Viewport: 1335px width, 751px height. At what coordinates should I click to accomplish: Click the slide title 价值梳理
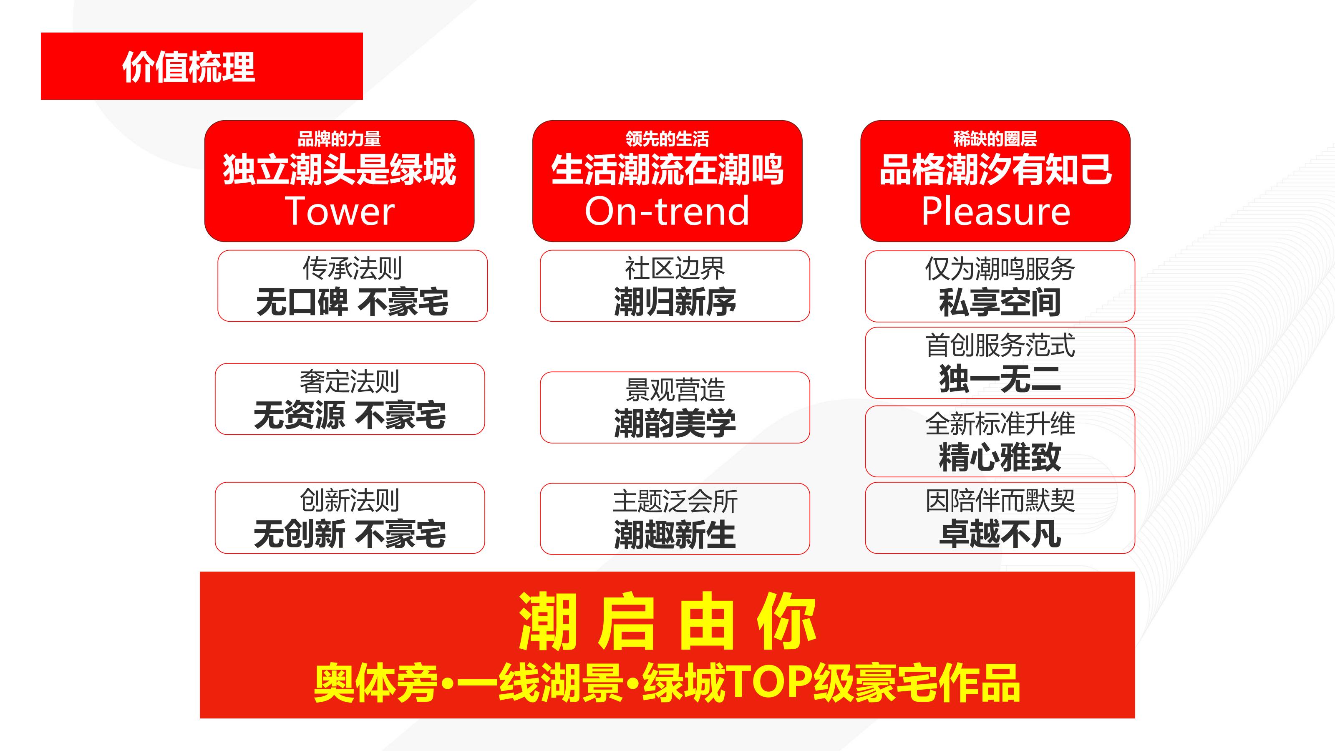point(189,67)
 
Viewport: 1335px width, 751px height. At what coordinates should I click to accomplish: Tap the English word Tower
point(340,212)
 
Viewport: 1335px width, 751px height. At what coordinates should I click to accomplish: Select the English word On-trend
point(667,212)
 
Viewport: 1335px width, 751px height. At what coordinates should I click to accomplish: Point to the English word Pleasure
point(995,212)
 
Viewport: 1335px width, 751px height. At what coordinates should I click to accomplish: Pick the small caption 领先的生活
point(667,139)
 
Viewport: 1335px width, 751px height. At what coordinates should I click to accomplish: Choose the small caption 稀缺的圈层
point(995,139)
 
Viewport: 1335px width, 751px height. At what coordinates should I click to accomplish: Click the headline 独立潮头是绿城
point(340,170)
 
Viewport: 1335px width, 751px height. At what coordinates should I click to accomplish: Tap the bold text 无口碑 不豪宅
point(353,302)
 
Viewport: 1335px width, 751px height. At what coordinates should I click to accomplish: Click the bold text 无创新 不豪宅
point(349,534)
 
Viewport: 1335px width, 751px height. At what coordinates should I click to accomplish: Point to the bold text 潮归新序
point(675,302)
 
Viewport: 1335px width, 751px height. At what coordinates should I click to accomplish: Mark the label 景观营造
point(675,390)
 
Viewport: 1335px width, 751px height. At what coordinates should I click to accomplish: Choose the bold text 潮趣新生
point(675,534)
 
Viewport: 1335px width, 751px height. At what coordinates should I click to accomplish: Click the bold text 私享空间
point(1000,302)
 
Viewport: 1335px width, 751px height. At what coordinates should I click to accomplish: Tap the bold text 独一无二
point(1000,379)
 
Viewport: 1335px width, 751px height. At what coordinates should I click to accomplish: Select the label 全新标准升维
point(1000,424)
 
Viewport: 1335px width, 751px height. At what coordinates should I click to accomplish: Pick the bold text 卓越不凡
point(1000,534)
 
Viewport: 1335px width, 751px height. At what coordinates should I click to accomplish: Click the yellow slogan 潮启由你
point(667,622)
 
